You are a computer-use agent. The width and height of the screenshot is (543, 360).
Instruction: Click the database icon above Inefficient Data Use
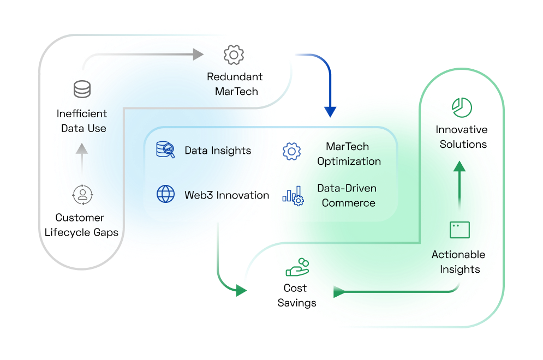point(82,89)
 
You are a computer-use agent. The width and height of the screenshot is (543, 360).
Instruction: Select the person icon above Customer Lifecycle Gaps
point(82,194)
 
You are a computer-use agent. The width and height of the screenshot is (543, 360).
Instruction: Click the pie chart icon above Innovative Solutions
point(462,107)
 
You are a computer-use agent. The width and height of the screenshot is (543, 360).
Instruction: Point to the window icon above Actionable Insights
point(460,230)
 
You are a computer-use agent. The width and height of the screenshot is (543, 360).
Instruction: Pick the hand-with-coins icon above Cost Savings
point(297,267)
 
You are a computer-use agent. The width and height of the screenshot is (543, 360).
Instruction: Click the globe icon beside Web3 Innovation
point(165,194)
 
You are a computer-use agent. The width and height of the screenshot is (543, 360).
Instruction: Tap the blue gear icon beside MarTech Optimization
point(292,151)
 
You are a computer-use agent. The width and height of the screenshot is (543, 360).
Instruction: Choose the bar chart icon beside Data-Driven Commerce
point(293,195)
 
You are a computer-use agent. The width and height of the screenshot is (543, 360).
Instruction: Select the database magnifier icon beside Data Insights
point(165,150)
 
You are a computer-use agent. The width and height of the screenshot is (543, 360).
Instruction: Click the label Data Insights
point(218,151)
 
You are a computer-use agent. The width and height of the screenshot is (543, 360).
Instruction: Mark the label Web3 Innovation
point(226,195)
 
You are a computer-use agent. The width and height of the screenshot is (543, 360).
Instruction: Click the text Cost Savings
point(296,295)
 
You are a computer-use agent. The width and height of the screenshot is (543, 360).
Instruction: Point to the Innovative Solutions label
point(461,137)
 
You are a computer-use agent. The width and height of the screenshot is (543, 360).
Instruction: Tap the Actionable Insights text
point(459,262)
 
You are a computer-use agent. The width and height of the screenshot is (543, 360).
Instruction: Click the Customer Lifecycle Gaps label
point(81,225)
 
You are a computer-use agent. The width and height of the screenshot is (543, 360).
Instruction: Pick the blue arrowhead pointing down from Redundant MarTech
point(331,111)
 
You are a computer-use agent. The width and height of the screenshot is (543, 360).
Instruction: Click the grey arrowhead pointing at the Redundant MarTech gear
point(197,54)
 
